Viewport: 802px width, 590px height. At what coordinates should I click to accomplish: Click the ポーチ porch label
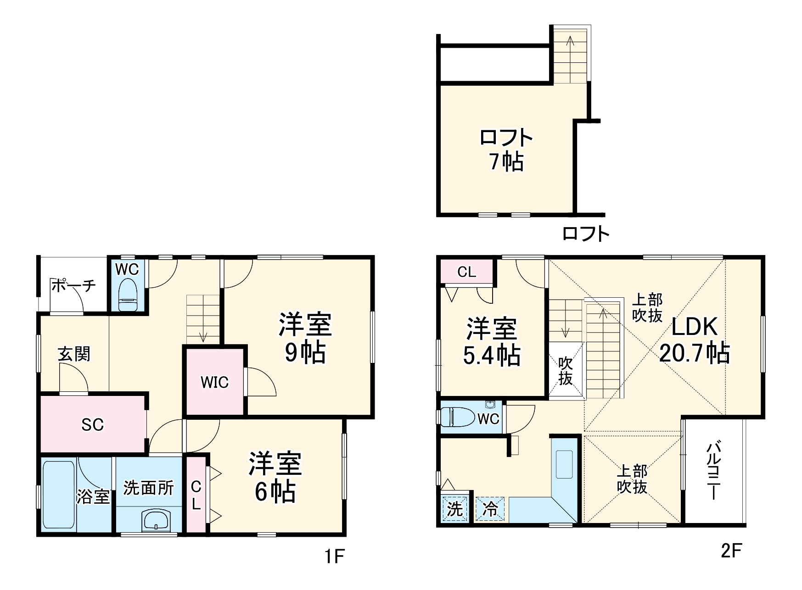[73, 285]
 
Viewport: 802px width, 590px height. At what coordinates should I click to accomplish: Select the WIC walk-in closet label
[214, 382]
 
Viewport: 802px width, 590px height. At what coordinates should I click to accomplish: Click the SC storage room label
[92, 425]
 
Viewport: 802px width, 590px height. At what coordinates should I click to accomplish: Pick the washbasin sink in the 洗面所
[156, 520]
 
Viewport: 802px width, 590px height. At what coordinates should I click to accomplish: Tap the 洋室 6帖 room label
[275, 477]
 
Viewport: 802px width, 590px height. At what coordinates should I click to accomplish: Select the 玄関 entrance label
[74, 354]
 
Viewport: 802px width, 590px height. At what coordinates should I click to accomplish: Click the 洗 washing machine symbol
[455, 509]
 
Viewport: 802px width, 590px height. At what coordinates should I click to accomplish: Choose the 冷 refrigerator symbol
[490, 509]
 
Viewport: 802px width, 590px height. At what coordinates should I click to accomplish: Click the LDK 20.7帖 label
[694, 340]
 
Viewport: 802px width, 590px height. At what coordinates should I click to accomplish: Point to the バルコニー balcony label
[712, 470]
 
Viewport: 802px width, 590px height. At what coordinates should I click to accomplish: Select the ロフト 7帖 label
[506, 150]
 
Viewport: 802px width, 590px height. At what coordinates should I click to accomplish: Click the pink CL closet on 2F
[467, 272]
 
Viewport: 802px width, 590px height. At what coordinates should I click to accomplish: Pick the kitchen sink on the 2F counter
[564, 464]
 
